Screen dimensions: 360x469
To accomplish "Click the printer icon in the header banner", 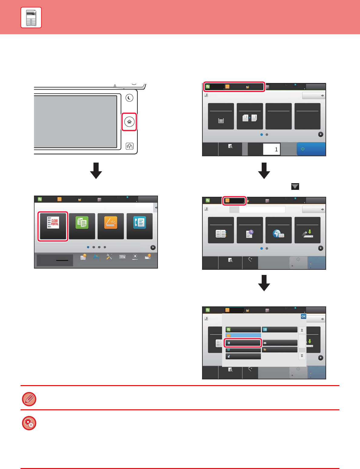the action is point(31,18).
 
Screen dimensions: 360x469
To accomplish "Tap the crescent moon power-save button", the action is point(129,98).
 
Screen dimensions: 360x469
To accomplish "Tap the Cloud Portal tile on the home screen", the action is point(53,226).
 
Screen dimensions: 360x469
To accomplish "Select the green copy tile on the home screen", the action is point(82,226).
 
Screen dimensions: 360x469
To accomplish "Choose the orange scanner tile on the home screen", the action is point(111,226).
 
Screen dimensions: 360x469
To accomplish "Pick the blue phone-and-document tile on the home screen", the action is point(139,226).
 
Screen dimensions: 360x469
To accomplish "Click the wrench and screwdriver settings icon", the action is point(109,257).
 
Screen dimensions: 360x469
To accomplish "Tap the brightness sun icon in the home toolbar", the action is point(135,257).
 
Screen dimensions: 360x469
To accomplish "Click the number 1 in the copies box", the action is point(276,149).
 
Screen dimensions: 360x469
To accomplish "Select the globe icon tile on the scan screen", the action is point(279,230).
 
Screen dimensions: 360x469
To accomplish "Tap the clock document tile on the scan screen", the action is point(250,230).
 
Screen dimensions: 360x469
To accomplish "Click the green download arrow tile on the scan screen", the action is point(307,230).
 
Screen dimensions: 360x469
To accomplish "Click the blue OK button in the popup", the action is point(303,316).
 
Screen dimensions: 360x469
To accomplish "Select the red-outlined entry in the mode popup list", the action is point(243,343).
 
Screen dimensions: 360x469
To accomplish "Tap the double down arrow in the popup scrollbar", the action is point(302,356).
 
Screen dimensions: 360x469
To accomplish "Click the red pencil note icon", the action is point(29,399).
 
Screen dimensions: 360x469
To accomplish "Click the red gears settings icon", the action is point(29,423).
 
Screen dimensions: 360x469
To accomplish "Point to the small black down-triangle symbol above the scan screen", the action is point(295,187).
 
